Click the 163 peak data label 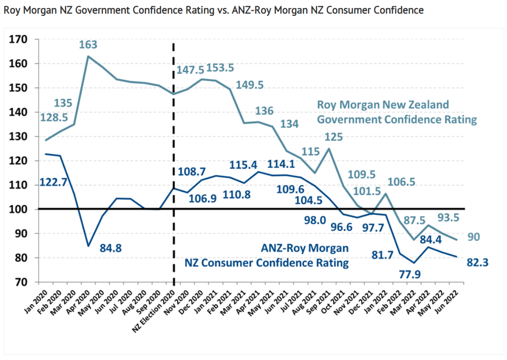coord(88,45)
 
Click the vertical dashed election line coord(173,140)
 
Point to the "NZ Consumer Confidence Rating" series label coord(267,263)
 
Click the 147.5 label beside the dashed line coord(191,70)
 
